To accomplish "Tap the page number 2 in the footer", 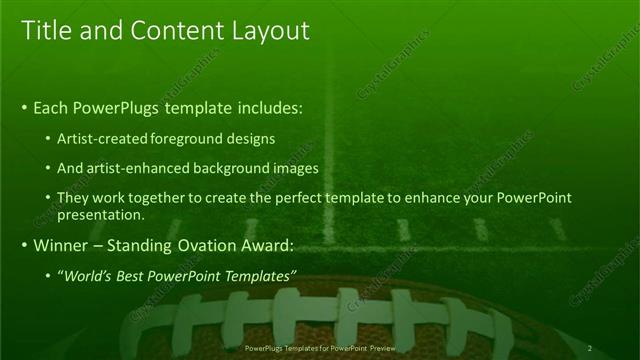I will [590, 348].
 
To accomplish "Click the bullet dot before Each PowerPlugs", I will [24, 108].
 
